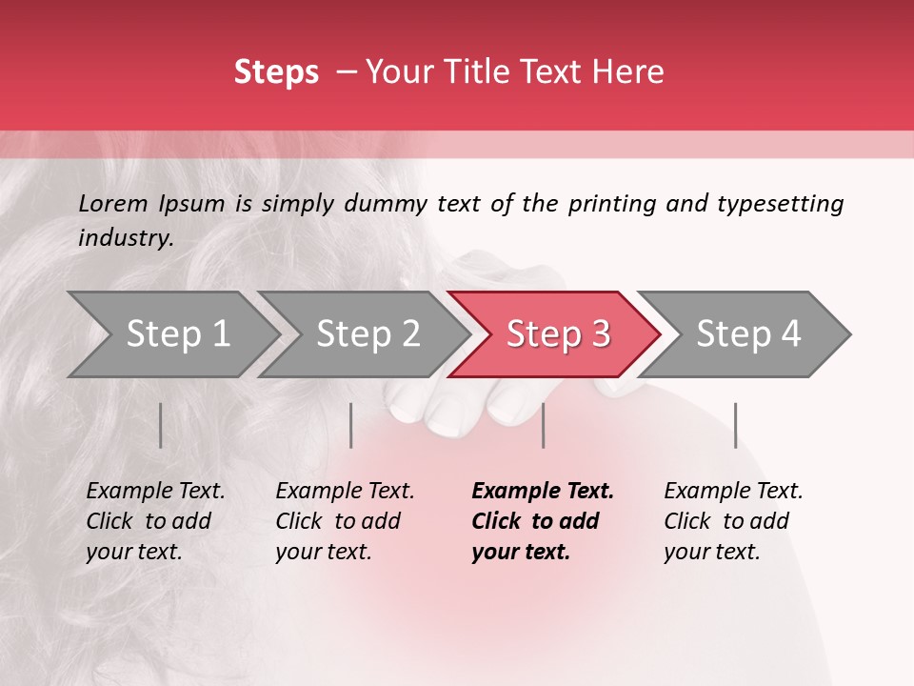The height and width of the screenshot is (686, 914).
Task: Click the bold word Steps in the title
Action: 276,72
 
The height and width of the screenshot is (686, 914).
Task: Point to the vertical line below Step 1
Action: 161,425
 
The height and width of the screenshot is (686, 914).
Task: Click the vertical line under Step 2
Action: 351,425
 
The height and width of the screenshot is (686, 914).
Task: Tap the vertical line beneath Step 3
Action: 544,425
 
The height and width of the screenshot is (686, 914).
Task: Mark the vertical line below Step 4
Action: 735,425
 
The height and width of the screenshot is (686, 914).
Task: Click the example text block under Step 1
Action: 155,521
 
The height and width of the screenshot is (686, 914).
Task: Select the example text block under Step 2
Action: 345,521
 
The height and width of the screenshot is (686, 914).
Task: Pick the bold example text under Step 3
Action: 542,521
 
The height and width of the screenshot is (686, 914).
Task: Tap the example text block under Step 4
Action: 733,521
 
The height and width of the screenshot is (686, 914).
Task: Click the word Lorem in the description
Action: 113,204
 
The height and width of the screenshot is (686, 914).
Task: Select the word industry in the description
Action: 125,238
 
